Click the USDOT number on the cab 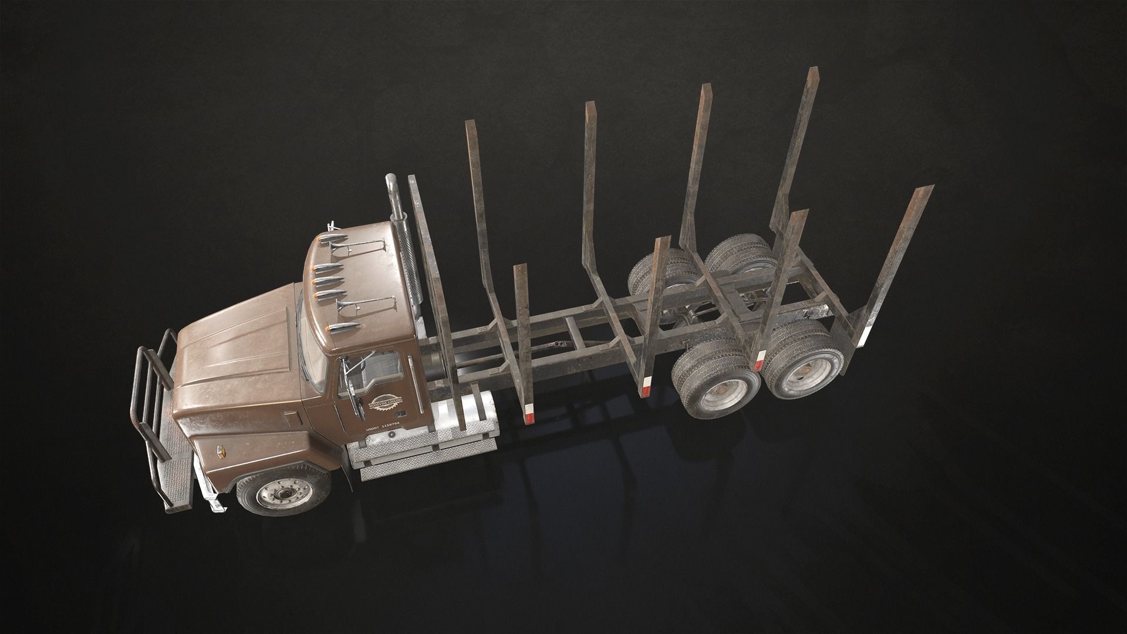[x=382, y=429]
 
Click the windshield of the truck [x=310, y=352]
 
